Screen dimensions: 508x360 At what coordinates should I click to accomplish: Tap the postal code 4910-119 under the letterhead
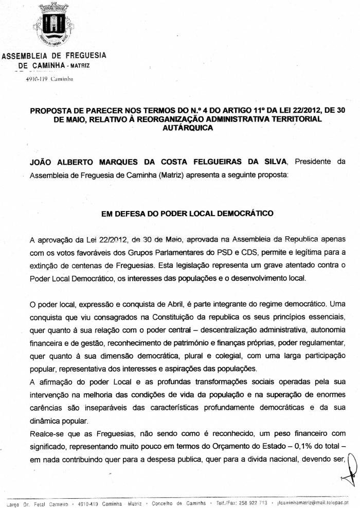(36, 79)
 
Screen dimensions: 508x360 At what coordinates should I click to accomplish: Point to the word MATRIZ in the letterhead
(80, 66)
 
